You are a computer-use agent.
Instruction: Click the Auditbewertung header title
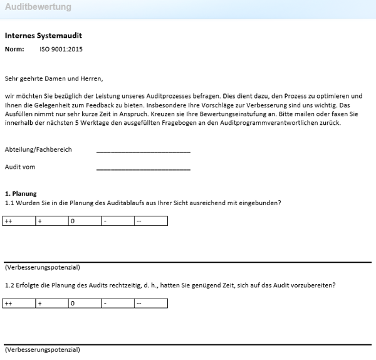click(x=38, y=8)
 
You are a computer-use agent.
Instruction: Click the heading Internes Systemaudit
click(x=43, y=36)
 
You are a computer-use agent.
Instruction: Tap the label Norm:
click(x=14, y=49)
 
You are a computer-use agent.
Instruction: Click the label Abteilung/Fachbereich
click(x=38, y=150)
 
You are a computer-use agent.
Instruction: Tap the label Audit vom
click(x=20, y=167)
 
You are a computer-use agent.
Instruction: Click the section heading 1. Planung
click(x=21, y=194)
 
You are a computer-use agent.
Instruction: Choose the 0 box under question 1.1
click(x=85, y=221)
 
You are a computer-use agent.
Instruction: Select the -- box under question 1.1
click(x=150, y=221)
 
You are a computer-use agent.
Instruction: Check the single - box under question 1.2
click(x=118, y=304)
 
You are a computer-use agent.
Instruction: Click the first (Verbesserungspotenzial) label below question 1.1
click(x=42, y=267)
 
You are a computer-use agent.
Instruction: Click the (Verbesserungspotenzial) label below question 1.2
click(x=42, y=350)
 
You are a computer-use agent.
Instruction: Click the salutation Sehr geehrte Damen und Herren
click(x=53, y=79)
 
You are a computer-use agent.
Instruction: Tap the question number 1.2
click(x=9, y=285)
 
